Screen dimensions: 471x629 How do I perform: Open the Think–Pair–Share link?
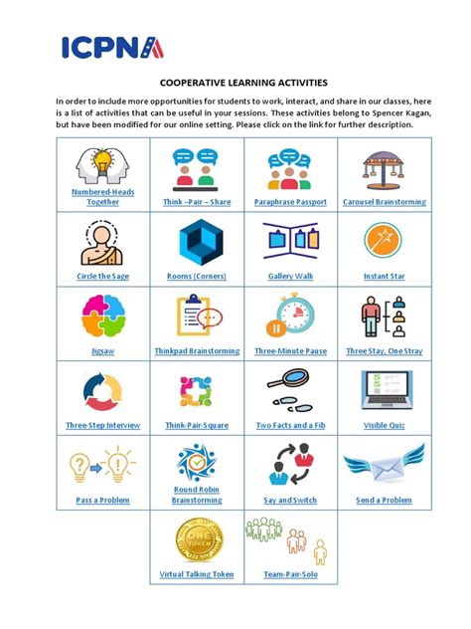point(197,202)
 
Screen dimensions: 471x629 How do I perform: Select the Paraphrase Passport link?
point(289,202)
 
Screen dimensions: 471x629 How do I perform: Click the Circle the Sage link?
point(103,276)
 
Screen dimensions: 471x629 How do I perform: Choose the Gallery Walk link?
point(290,276)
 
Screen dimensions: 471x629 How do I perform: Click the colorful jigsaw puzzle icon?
point(103,316)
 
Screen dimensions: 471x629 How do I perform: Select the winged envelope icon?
point(384,466)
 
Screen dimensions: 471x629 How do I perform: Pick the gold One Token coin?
point(197,538)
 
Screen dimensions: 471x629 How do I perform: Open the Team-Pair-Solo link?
point(290,574)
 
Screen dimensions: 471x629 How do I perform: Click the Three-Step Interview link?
point(103,425)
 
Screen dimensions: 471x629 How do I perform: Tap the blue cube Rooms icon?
point(197,242)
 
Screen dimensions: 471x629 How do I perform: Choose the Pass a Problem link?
point(103,500)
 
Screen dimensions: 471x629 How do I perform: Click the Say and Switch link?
point(290,500)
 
